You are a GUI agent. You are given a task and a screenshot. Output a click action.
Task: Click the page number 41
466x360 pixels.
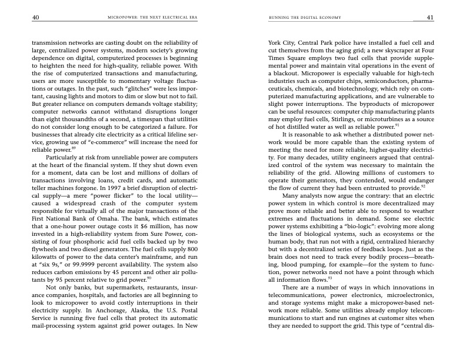(x=430, y=18)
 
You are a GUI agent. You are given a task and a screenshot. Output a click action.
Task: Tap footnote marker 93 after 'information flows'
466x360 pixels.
(x=331, y=279)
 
